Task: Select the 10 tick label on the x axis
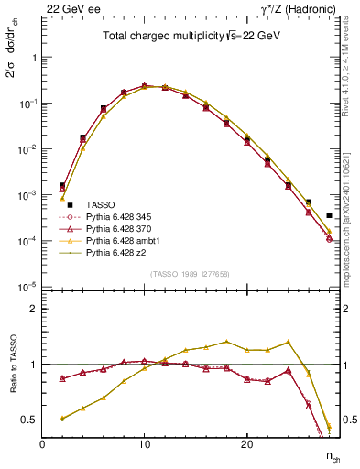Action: pos(144,444)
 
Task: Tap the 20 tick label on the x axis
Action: pos(246,444)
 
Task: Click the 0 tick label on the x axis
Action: pos(42,444)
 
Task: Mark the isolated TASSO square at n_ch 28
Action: pos(329,215)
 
